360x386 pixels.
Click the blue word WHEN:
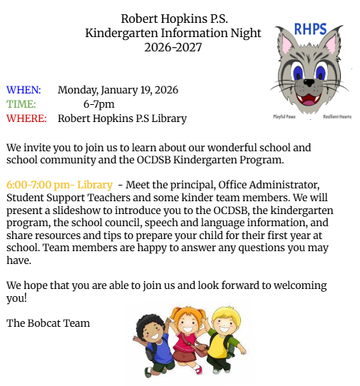[24, 90]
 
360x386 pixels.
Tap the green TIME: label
[21, 104]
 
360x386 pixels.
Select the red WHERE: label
[26, 118]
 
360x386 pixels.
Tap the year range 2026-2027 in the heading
[173, 48]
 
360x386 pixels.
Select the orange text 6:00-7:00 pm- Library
[59, 185]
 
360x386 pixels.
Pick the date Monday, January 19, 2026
[118, 90]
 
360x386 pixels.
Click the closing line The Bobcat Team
[48, 323]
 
